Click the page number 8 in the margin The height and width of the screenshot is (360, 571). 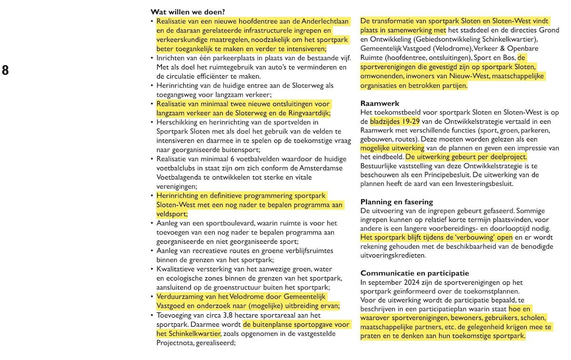(5, 70)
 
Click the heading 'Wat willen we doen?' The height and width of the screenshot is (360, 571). (187, 12)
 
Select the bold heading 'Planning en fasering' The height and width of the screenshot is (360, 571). (396, 202)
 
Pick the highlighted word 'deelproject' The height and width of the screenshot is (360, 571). (507, 157)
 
